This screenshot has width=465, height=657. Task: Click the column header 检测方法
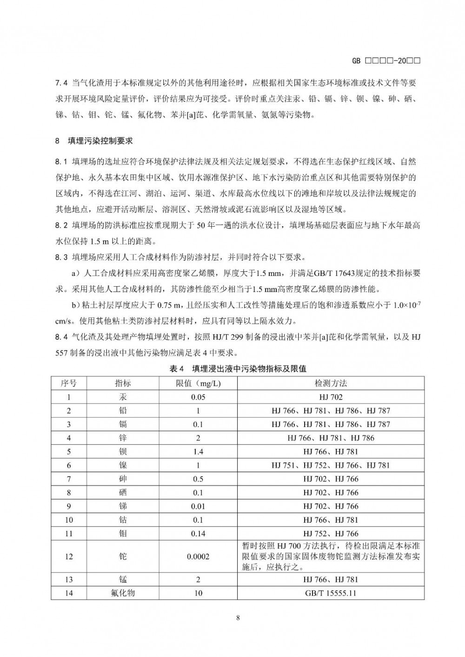point(331,383)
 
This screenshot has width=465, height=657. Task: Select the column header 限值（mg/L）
point(198,383)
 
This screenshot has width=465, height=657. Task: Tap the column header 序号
point(69,383)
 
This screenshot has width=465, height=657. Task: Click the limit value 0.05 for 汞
point(198,397)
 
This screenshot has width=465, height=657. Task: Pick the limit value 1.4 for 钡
point(198,452)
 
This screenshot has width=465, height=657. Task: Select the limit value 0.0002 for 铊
point(198,557)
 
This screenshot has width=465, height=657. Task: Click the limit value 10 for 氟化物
point(198,593)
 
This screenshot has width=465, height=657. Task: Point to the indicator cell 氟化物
point(123,593)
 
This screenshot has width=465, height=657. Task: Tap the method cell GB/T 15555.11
point(331,593)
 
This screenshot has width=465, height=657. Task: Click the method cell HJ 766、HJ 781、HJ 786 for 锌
point(331,438)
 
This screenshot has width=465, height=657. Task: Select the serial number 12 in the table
point(69,557)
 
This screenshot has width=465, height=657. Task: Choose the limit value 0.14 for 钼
point(198,534)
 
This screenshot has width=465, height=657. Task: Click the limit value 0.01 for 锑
point(198,506)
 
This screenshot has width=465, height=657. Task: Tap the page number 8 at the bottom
point(238,618)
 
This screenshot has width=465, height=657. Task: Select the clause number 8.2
point(61,226)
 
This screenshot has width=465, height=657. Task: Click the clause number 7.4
point(61,84)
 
